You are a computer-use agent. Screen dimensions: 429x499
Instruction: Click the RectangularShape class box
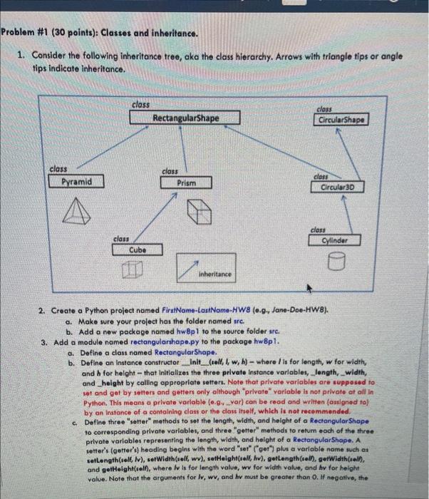(x=185, y=118)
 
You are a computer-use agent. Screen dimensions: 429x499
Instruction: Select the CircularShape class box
(x=342, y=120)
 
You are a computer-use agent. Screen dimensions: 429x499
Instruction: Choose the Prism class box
(x=187, y=183)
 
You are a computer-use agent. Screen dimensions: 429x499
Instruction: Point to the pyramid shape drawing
(x=73, y=210)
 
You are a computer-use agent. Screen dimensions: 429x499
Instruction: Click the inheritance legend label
(x=214, y=274)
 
